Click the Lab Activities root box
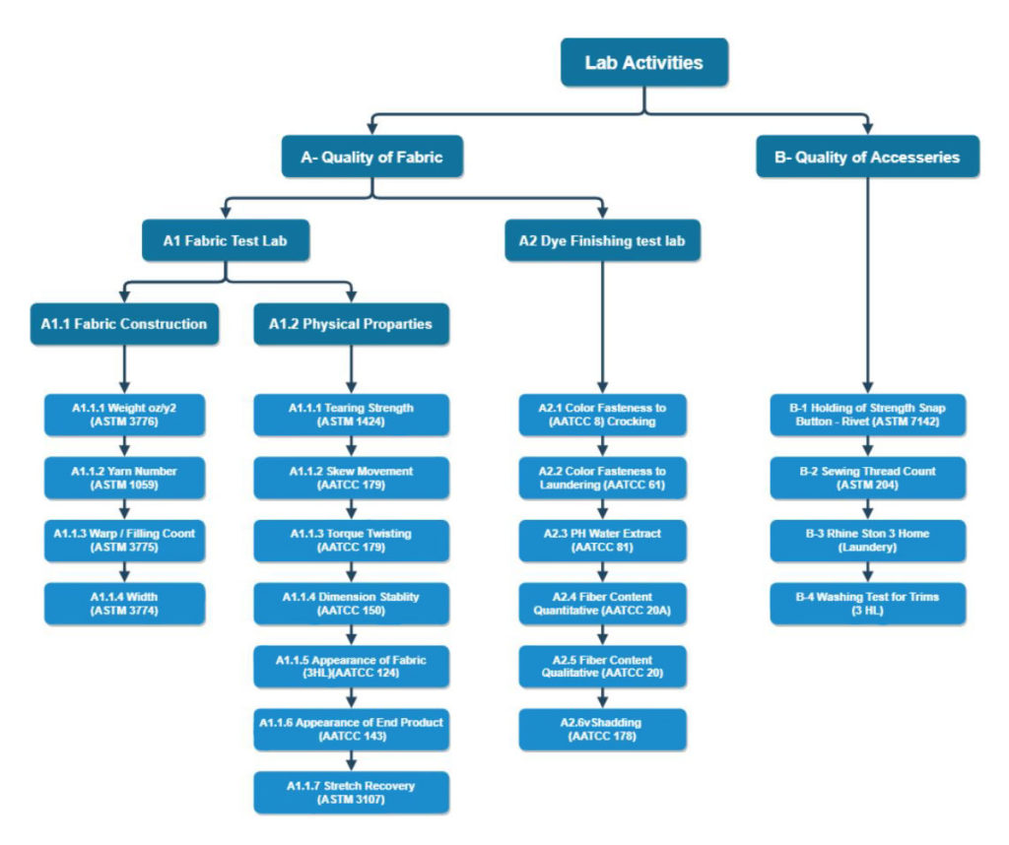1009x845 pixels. [x=644, y=62]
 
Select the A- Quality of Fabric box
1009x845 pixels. [x=370, y=156]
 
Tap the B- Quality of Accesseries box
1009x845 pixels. [x=868, y=156]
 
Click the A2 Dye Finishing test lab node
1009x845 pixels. [x=603, y=239]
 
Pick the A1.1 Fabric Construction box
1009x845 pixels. [x=124, y=323]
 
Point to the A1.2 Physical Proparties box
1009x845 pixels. [x=351, y=323]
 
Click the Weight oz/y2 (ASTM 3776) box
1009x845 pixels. [x=124, y=415]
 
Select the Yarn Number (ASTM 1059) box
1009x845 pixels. [x=124, y=478]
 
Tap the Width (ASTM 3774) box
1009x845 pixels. [x=124, y=603]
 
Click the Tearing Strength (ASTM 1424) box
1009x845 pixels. [x=351, y=415]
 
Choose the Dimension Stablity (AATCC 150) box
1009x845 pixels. [x=351, y=603]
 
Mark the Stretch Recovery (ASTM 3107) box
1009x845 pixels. [x=351, y=792]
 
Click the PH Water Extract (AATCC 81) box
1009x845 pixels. [x=603, y=540]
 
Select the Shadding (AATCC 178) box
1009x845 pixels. [x=603, y=729]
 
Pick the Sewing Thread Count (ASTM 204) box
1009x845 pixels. [x=868, y=478]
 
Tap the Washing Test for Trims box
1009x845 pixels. [x=868, y=603]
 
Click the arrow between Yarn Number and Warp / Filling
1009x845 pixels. [x=124, y=509]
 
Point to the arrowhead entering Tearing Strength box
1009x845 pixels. [x=351, y=388]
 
